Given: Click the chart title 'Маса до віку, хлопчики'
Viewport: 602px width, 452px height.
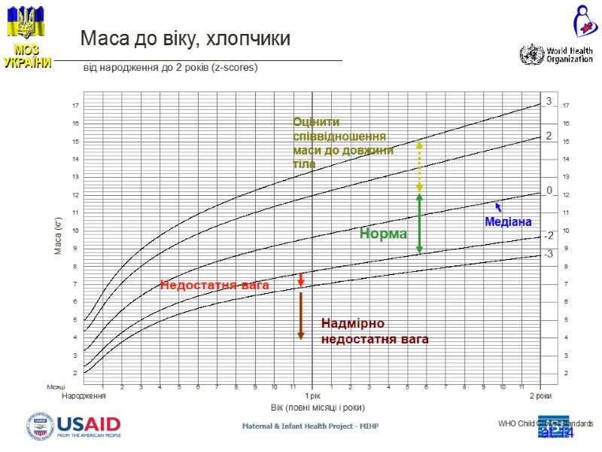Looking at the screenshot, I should click(x=185, y=38).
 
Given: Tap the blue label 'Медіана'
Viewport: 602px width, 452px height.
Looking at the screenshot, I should click(x=508, y=222).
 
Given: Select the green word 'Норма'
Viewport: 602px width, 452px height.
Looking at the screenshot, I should click(x=383, y=234).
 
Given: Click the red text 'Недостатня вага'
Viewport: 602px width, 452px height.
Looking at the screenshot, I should click(x=214, y=285).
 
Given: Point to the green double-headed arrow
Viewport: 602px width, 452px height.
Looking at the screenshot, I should click(x=419, y=223).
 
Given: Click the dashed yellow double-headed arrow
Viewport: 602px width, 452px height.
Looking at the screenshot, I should click(x=419, y=165).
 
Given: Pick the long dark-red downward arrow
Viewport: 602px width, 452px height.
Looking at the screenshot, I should click(x=300, y=315).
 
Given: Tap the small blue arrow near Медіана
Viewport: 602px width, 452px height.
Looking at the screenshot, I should click(x=498, y=206).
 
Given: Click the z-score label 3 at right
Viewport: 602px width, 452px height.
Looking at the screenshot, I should click(x=549, y=101).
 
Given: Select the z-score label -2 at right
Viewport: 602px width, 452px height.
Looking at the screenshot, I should click(x=549, y=236).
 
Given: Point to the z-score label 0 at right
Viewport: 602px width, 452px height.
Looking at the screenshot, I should click(x=549, y=191).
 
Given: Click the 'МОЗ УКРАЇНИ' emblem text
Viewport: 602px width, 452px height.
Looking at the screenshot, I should click(x=26, y=56).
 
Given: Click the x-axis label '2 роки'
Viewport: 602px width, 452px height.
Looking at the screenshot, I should click(x=540, y=395).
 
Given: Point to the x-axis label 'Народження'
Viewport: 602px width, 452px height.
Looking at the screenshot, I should click(x=84, y=395).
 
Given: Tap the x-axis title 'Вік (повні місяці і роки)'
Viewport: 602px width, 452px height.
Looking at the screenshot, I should click(x=318, y=408).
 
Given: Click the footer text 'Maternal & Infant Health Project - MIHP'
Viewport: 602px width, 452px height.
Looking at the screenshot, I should click(x=310, y=427).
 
